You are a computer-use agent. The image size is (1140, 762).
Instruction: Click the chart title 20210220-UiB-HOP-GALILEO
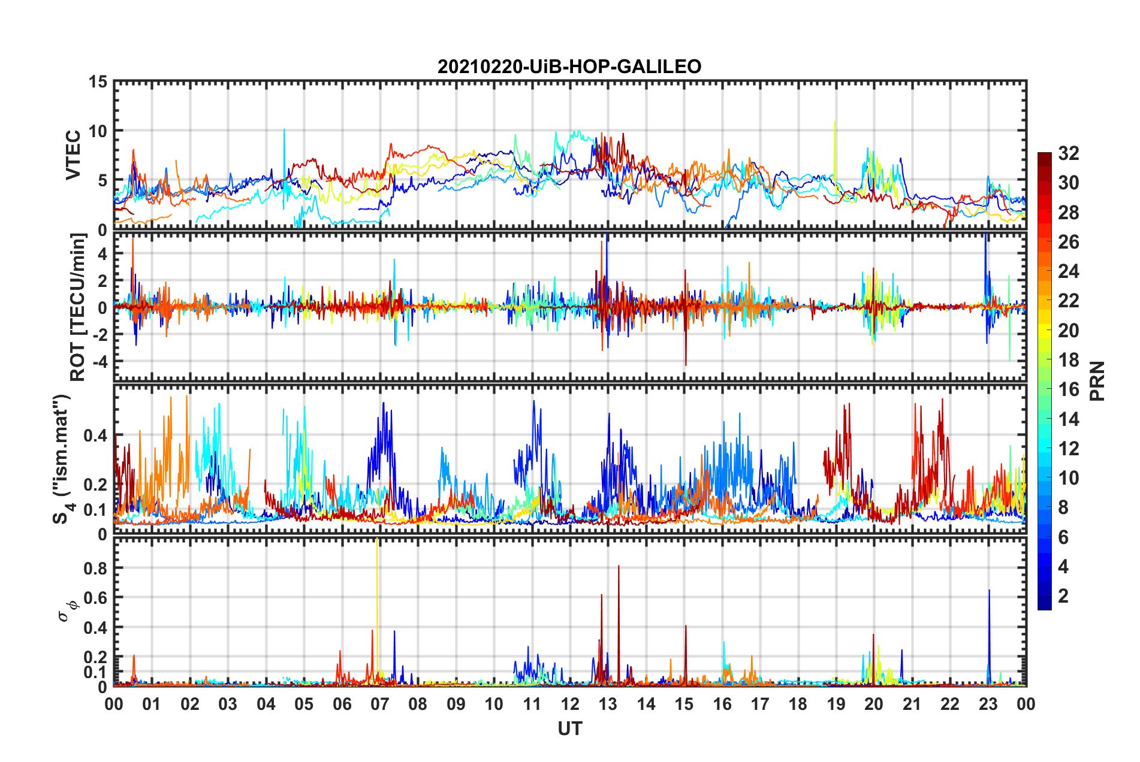click(569, 66)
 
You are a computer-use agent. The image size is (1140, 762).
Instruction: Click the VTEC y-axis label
click(73, 155)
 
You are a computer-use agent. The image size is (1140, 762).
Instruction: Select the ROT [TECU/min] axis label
click(78, 307)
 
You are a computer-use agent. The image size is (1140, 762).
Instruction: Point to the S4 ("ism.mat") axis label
click(62, 459)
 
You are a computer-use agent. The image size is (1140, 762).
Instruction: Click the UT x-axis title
click(569, 728)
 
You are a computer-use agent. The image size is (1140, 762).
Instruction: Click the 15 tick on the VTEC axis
click(98, 81)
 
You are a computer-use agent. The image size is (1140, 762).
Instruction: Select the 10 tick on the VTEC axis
click(98, 131)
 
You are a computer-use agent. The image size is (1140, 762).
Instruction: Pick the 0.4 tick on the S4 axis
click(95, 436)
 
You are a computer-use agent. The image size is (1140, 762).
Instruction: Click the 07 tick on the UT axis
click(380, 704)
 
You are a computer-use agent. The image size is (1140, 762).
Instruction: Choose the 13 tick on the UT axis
click(608, 704)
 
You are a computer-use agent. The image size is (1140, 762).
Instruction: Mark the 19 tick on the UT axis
click(836, 704)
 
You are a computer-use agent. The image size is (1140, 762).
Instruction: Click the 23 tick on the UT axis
click(988, 704)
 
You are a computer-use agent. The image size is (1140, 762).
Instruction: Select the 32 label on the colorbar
click(1068, 153)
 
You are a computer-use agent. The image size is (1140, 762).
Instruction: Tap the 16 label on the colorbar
click(1068, 389)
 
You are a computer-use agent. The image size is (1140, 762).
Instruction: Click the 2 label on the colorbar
click(1063, 595)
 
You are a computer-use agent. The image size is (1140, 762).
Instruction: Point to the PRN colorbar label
click(1097, 381)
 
